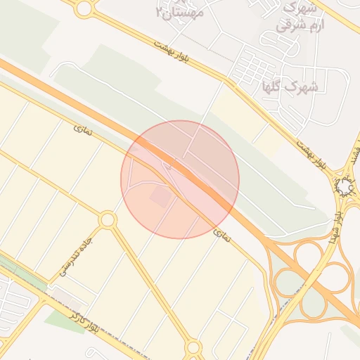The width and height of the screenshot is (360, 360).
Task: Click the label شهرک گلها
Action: pyautogui.click(x=290, y=86)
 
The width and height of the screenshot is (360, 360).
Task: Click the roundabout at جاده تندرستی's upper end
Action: pyautogui.click(x=108, y=220)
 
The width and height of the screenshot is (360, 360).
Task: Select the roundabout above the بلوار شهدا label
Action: pyautogui.click(x=345, y=187)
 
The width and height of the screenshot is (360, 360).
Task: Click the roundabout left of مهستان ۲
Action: pyautogui.click(x=84, y=8)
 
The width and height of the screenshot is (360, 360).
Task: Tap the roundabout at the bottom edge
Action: pyautogui.click(x=193, y=347)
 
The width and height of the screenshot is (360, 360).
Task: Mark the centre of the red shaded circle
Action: pyautogui.click(x=180, y=179)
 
